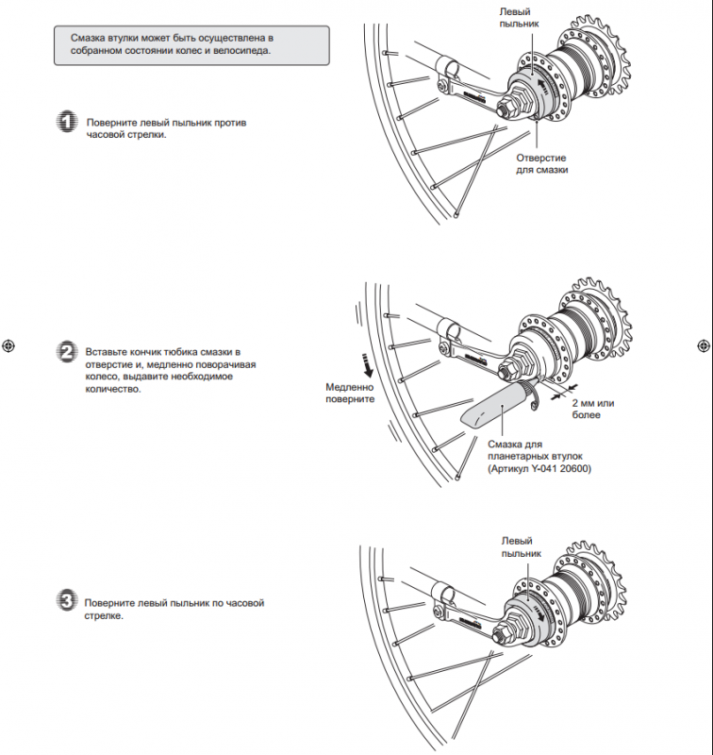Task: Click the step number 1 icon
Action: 67,123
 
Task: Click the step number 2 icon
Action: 67,352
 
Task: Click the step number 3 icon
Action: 66,601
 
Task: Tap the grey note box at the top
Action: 192,44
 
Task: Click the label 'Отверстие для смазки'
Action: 541,164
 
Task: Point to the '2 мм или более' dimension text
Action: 599,408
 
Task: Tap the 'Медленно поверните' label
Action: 350,393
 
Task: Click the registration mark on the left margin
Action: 8,344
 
